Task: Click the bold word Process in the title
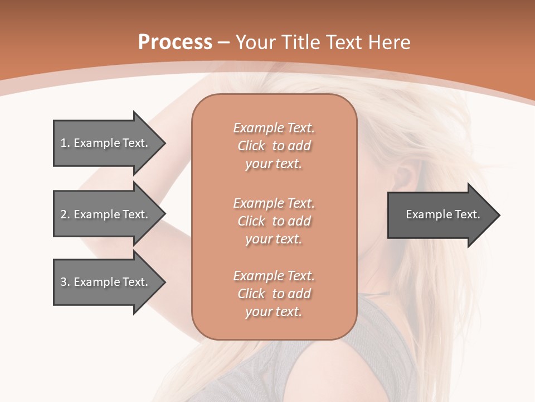(175, 42)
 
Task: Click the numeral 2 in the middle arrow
(63, 214)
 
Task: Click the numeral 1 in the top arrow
(63, 143)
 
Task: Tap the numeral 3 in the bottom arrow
(63, 282)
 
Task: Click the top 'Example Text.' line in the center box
(274, 128)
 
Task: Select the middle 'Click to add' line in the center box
(274, 221)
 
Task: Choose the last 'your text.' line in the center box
(274, 312)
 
